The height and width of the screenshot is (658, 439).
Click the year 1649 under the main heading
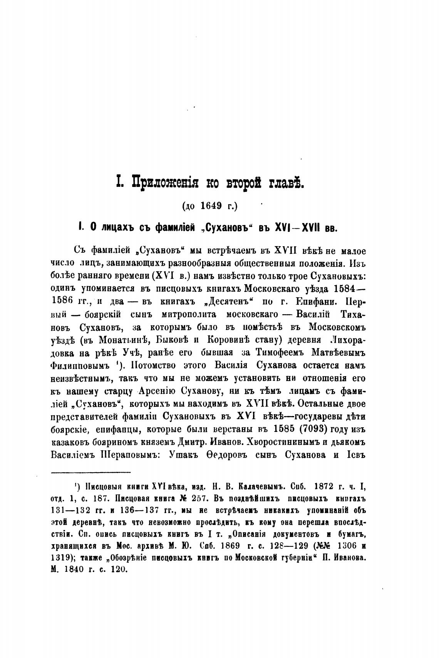[x=212, y=206]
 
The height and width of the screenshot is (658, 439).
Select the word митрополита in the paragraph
[x=185, y=315]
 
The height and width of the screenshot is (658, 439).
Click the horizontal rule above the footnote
[x=91, y=472]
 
